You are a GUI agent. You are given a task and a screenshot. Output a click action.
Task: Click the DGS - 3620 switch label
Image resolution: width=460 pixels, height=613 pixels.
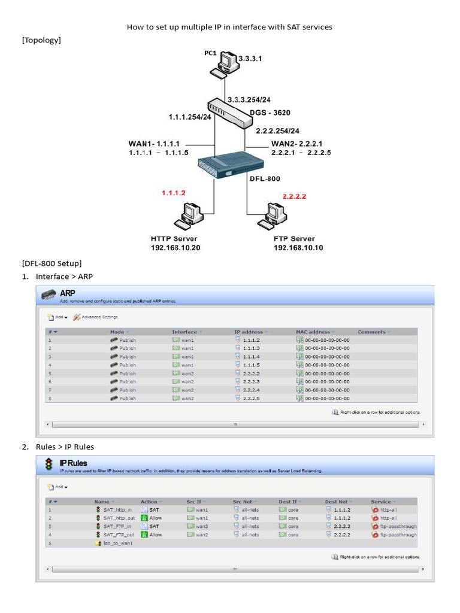pyautogui.click(x=274, y=113)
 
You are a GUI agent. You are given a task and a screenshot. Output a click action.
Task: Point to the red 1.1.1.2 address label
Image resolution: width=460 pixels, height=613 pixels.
pyautogui.click(x=174, y=193)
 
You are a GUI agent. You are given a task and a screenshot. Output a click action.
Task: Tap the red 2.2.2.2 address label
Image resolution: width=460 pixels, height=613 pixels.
pyautogui.click(x=295, y=196)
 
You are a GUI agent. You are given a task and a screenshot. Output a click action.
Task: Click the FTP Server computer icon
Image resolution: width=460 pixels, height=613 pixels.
pyautogui.click(x=272, y=216)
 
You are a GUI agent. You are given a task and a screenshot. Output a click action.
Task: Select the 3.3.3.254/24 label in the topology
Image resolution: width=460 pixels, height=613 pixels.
pyautogui.click(x=248, y=99)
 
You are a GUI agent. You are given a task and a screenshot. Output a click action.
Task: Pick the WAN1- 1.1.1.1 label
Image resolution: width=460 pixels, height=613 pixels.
pyautogui.click(x=154, y=144)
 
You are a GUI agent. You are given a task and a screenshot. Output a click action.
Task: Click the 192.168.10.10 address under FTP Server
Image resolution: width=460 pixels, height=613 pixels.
pyautogui.click(x=298, y=248)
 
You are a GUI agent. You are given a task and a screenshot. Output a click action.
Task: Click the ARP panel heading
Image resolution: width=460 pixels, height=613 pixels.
pyautogui.click(x=68, y=293)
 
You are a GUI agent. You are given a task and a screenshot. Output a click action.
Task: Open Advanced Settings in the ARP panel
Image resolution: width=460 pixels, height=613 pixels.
pyautogui.click(x=99, y=317)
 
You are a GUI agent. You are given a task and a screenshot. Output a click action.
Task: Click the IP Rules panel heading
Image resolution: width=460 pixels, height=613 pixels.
pyautogui.click(x=73, y=463)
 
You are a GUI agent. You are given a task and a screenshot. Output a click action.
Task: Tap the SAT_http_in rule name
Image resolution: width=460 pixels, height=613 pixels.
pyautogui.click(x=117, y=509)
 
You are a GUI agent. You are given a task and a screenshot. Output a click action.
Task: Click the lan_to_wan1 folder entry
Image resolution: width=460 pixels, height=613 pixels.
pyautogui.click(x=117, y=543)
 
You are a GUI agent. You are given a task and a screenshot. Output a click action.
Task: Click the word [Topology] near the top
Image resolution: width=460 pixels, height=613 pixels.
pyautogui.click(x=41, y=40)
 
